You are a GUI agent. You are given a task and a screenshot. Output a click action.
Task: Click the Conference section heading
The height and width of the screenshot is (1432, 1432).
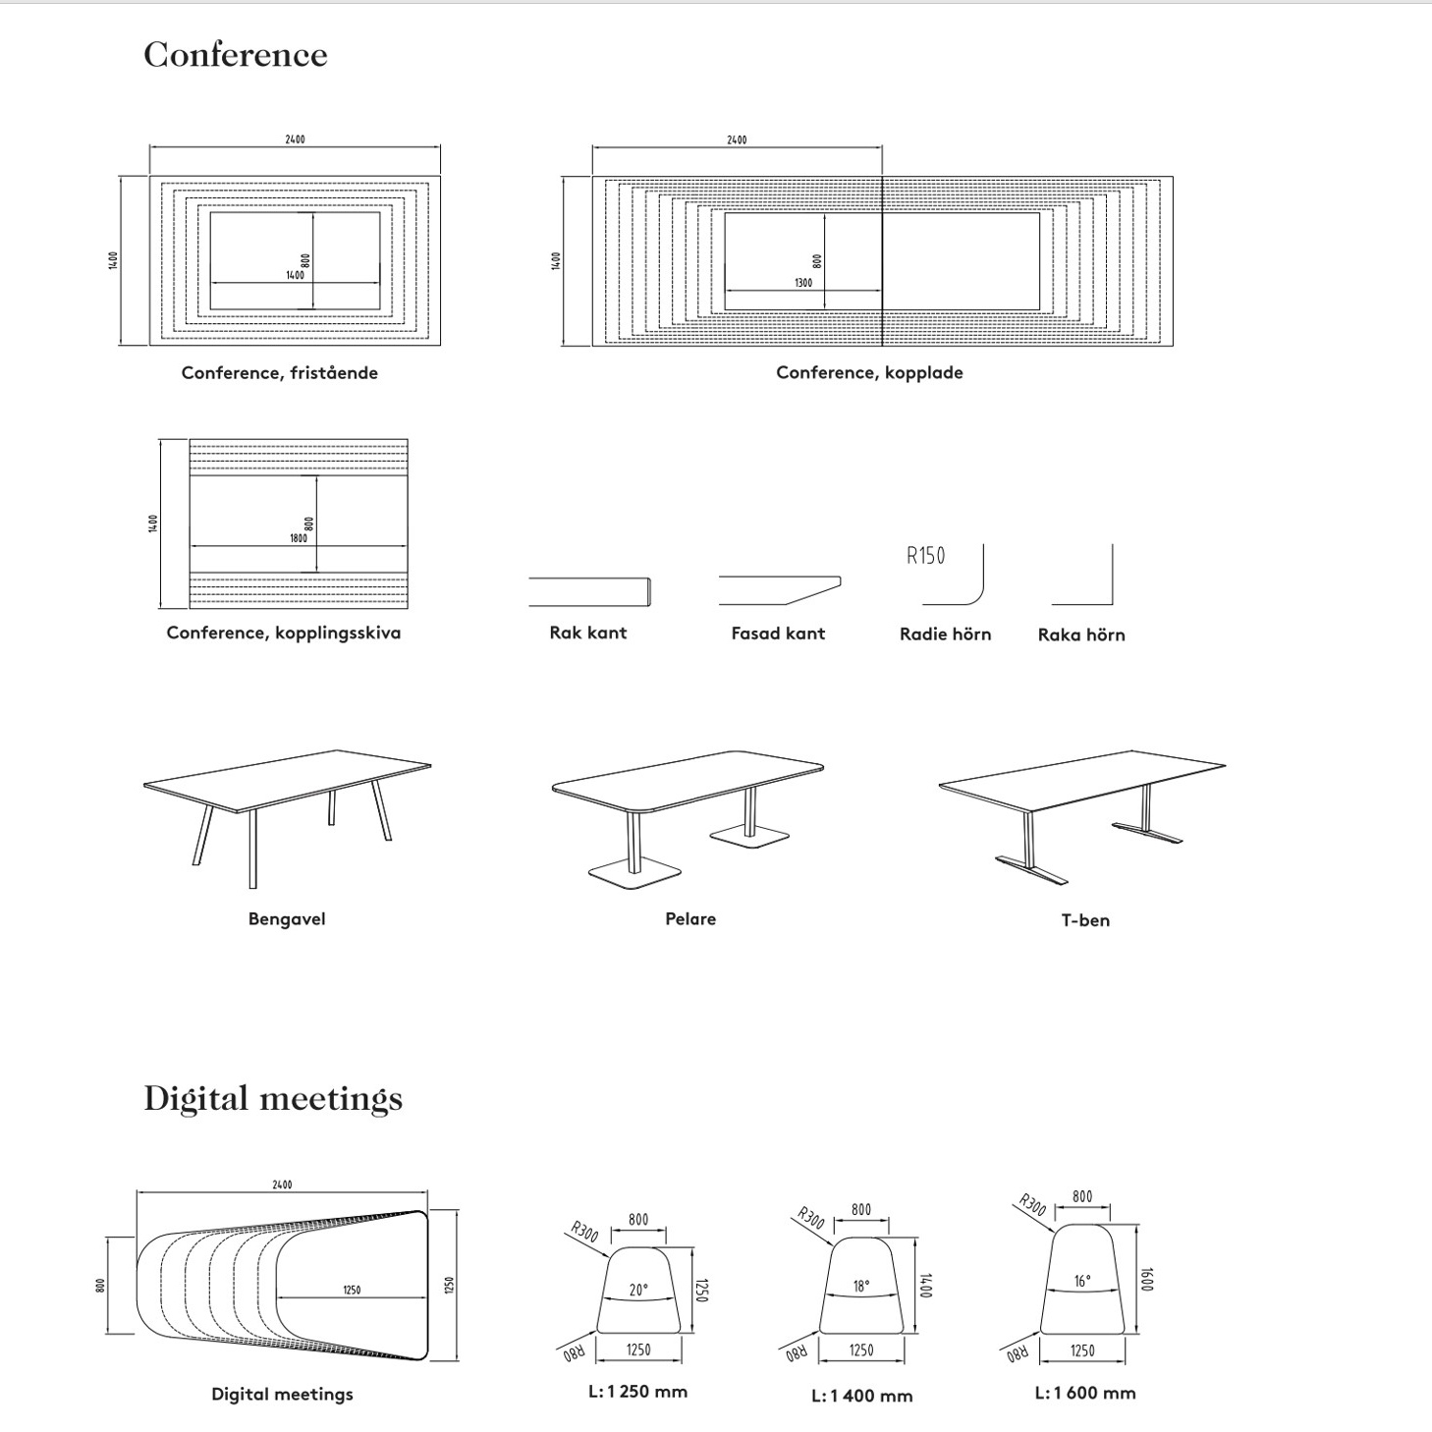[x=235, y=55]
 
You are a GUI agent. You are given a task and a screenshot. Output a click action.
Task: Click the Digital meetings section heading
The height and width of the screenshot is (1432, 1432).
[x=273, y=1098]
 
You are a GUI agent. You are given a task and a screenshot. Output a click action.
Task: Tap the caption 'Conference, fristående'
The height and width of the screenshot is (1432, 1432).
[x=279, y=373]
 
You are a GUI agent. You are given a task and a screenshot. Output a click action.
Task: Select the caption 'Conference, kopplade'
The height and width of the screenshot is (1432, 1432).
[x=869, y=373]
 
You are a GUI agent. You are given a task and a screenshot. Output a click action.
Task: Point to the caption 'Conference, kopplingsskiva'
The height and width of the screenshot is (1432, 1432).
[x=283, y=633]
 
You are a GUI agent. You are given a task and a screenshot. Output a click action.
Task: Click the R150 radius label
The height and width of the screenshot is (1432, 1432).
[x=925, y=556]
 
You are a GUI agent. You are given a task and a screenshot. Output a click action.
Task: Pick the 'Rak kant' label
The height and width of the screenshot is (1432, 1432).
[x=587, y=633]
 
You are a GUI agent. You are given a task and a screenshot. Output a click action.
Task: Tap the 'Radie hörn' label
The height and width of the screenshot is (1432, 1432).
[x=945, y=634]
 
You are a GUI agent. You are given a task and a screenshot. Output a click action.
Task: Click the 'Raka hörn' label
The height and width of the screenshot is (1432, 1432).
[x=1081, y=635]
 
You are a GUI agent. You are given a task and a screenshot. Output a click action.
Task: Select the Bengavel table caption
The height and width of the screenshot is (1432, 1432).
[x=286, y=919]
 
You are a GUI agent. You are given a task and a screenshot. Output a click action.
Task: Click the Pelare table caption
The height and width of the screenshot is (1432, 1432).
[x=690, y=919]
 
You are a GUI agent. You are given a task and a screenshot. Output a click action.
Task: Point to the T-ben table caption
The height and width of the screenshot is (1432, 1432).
[x=1085, y=920]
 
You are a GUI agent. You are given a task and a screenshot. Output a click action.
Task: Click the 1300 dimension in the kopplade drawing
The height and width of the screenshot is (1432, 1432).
[x=803, y=283]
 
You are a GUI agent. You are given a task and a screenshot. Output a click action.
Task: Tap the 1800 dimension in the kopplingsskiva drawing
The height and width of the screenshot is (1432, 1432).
[x=299, y=538]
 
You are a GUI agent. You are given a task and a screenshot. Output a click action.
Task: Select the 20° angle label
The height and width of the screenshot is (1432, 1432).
[x=638, y=1290]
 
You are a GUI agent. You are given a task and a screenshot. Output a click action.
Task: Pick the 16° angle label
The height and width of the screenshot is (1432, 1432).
[x=1081, y=1281]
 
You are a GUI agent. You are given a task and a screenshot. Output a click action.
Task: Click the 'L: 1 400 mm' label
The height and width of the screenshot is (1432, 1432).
[x=861, y=1396]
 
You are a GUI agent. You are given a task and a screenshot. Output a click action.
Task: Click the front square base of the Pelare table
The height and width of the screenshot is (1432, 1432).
[x=634, y=874]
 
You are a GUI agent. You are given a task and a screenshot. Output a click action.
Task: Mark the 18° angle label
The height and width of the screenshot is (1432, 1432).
[x=860, y=1286]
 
